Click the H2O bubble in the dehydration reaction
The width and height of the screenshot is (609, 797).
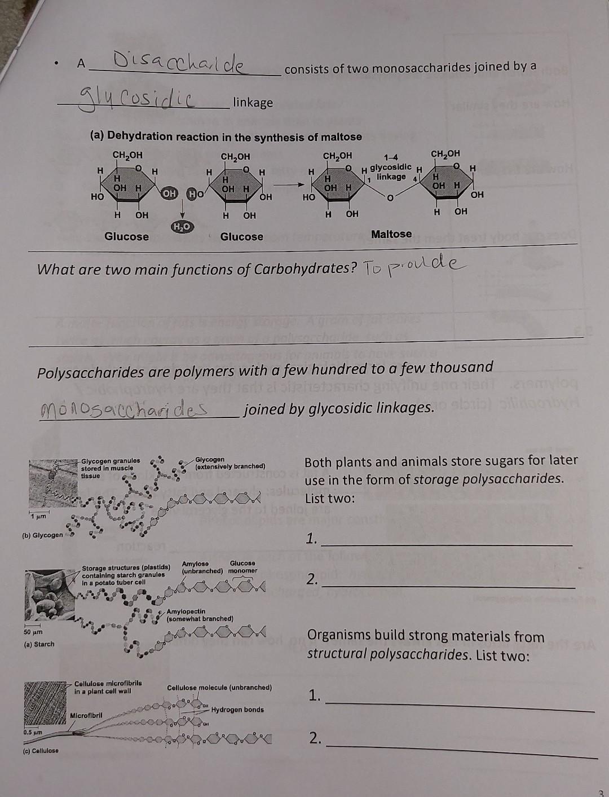coord(182,226)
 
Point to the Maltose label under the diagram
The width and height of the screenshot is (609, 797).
coord(391,234)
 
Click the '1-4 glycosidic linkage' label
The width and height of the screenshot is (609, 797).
coord(391,168)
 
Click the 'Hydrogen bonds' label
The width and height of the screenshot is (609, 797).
coord(237,710)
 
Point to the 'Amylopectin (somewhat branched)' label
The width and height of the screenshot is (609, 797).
coord(200,615)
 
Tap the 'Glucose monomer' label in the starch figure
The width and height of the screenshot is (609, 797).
coord(242,567)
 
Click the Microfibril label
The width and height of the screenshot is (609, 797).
coord(86,716)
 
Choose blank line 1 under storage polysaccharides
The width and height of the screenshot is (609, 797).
coord(445,543)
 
